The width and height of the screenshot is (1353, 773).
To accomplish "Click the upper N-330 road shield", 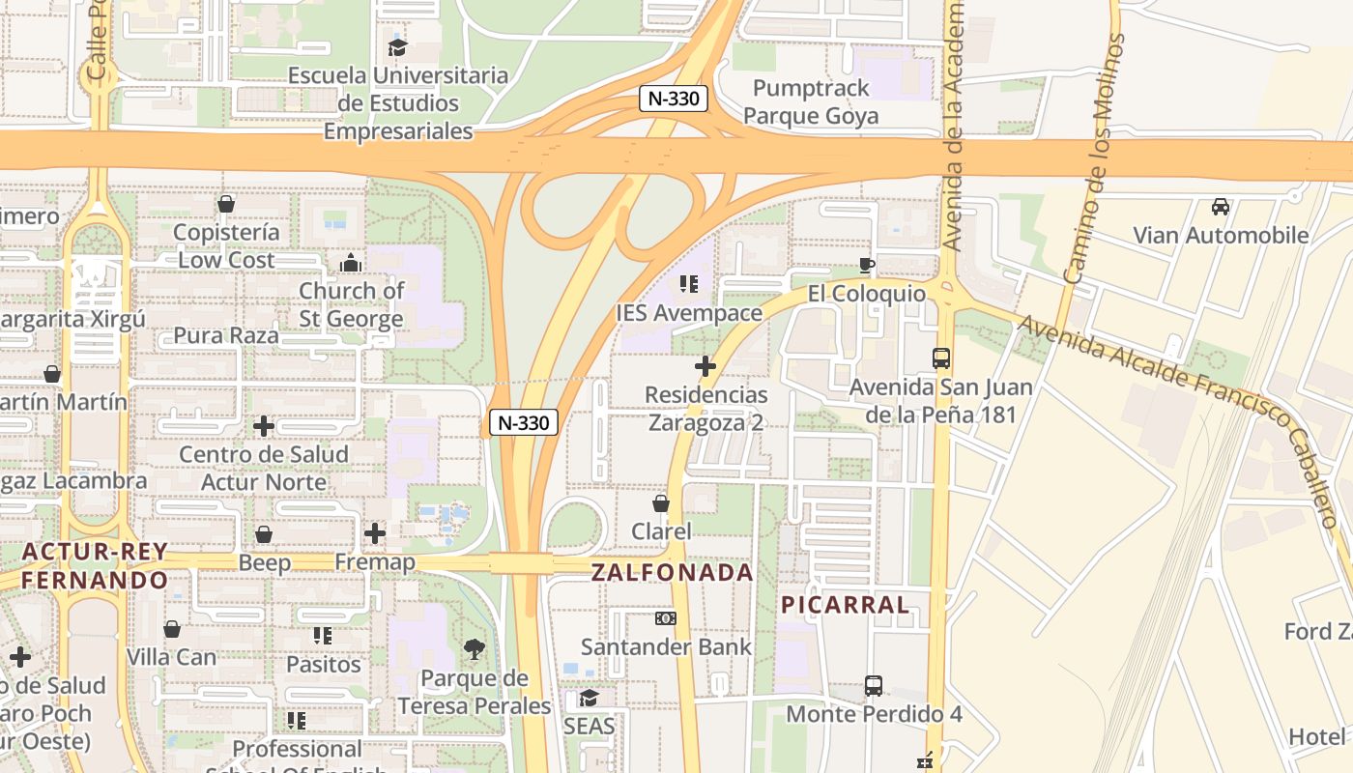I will (x=675, y=98).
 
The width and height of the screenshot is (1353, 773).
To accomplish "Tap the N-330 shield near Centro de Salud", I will (x=524, y=422).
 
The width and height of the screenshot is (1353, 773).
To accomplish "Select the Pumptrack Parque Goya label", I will (x=811, y=102).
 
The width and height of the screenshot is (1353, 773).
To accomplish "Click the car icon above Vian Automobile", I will (x=1221, y=207).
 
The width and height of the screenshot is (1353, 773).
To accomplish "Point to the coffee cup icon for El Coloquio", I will (x=867, y=265).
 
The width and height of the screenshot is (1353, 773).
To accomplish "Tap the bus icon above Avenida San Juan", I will (x=941, y=358).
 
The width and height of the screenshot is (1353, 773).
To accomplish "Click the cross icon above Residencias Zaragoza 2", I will (x=705, y=366).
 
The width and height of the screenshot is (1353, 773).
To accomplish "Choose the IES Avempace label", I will (x=689, y=313).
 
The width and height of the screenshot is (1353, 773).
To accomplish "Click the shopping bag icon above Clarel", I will (x=661, y=503).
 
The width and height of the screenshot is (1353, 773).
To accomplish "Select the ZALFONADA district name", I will (x=672, y=572).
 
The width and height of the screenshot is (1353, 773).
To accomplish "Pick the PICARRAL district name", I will (x=846, y=606).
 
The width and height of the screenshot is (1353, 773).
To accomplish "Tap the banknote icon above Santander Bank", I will (x=666, y=618).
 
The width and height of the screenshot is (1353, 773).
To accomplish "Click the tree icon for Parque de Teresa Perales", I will (x=474, y=649).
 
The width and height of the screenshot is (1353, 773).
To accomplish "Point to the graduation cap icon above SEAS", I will (x=589, y=698).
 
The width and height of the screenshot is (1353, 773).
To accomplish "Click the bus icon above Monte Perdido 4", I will (x=874, y=686).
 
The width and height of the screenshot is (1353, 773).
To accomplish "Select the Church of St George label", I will (x=351, y=304).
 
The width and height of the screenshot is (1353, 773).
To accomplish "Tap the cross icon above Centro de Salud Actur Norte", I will (x=264, y=426).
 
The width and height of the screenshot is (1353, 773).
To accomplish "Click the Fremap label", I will (x=375, y=562).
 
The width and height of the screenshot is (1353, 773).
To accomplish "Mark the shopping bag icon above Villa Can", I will (x=172, y=629).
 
